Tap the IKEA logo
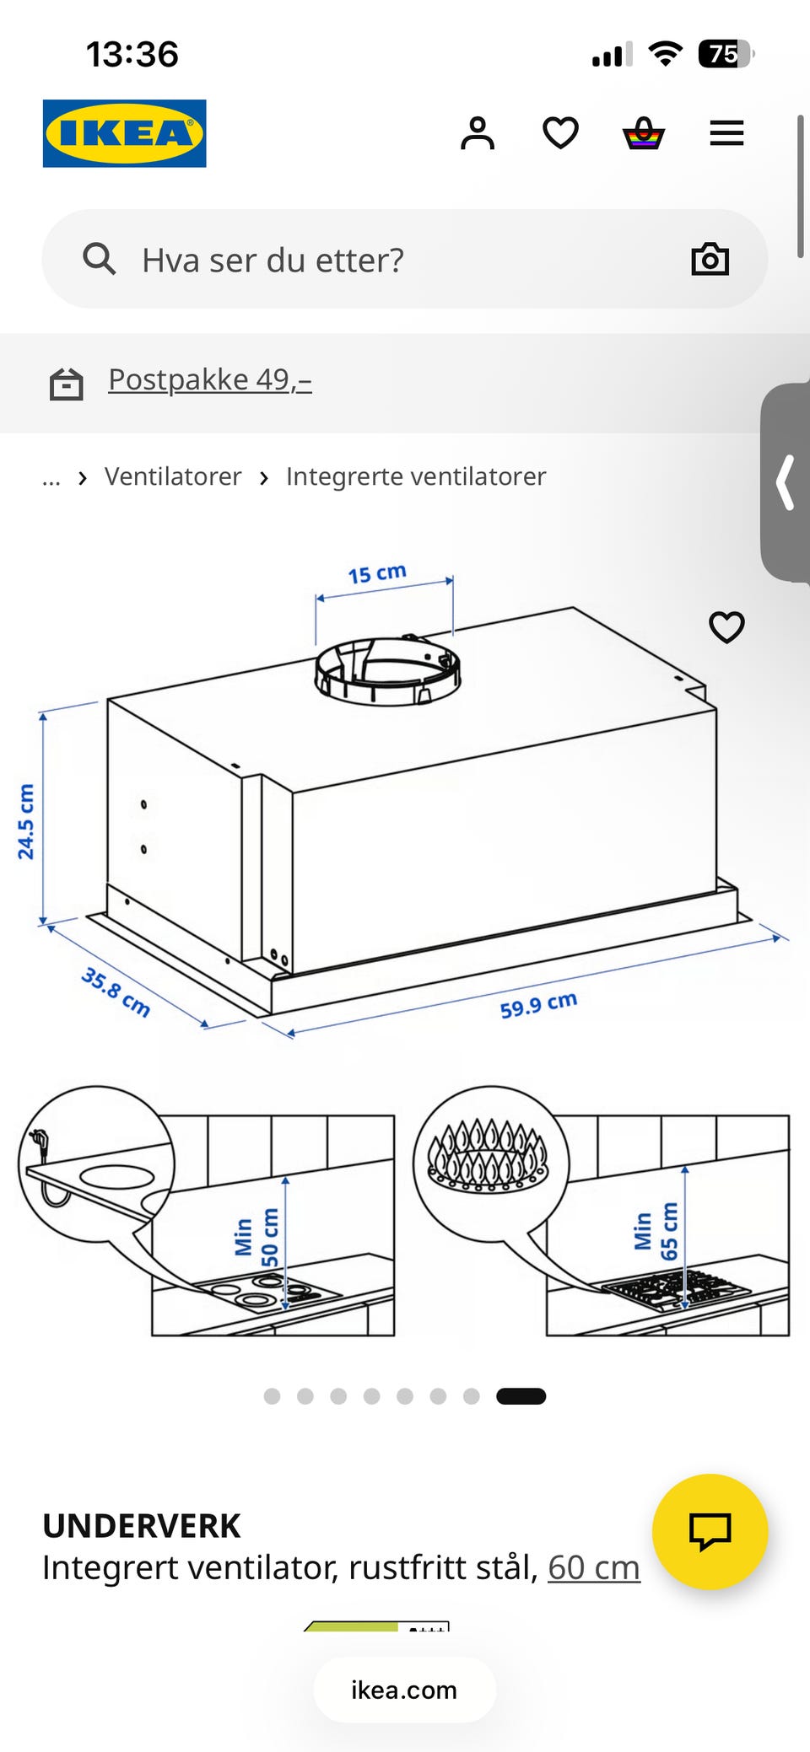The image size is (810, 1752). [x=124, y=133]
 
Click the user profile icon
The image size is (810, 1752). [x=478, y=133]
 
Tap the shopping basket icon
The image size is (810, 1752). [x=644, y=133]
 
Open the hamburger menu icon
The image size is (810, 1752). [x=726, y=133]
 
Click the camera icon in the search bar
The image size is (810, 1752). [x=710, y=259]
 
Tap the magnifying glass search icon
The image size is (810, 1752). [x=99, y=259]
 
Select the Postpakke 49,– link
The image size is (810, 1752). [x=210, y=380]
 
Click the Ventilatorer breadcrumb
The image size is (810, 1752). [x=173, y=476]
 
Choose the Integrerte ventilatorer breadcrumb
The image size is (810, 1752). [x=416, y=476]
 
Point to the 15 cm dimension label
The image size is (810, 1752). [x=377, y=573]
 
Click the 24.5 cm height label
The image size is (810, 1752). [x=26, y=821]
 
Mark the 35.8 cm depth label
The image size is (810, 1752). [x=116, y=992]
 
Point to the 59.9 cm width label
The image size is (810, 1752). [x=538, y=1004]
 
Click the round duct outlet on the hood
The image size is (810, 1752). [x=388, y=671]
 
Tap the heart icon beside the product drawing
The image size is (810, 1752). [x=726, y=627]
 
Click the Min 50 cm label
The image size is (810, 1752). [x=256, y=1237]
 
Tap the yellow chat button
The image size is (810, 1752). [x=710, y=1531]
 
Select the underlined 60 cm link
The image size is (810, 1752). [x=594, y=1567]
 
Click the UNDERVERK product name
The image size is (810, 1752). [x=142, y=1526]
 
